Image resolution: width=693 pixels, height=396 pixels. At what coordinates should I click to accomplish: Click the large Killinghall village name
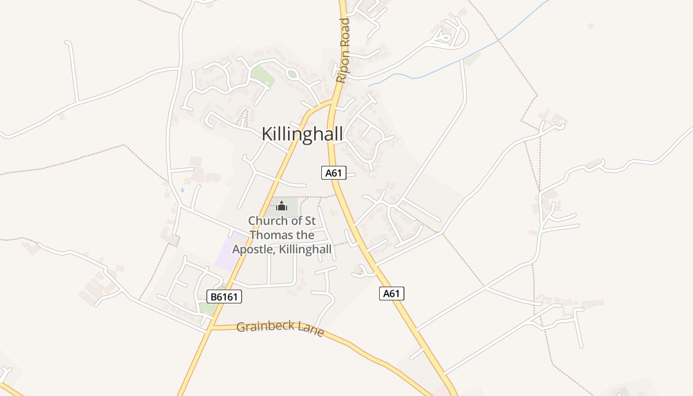pyautogui.click(x=302, y=134)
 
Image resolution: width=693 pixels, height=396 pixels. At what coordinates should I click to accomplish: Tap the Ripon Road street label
pyautogui.click(x=343, y=50)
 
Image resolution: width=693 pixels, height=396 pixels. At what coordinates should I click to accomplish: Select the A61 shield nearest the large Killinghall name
pyautogui.click(x=334, y=173)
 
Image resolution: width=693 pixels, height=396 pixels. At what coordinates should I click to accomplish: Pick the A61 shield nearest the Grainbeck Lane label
pyautogui.click(x=392, y=294)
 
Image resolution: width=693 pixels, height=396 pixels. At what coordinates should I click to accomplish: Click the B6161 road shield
pyautogui.click(x=224, y=297)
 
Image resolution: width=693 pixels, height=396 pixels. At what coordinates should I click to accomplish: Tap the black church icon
pyautogui.click(x=282, y=206)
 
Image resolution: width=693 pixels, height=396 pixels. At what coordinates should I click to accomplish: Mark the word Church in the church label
pyautogui.click(x=268, y=221)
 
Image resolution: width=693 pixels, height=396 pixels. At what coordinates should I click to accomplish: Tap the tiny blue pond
pyautogui.click(x=183, y=190)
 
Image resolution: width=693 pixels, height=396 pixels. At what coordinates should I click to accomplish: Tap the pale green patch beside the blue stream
pyautogui.click(x=472, y=59)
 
